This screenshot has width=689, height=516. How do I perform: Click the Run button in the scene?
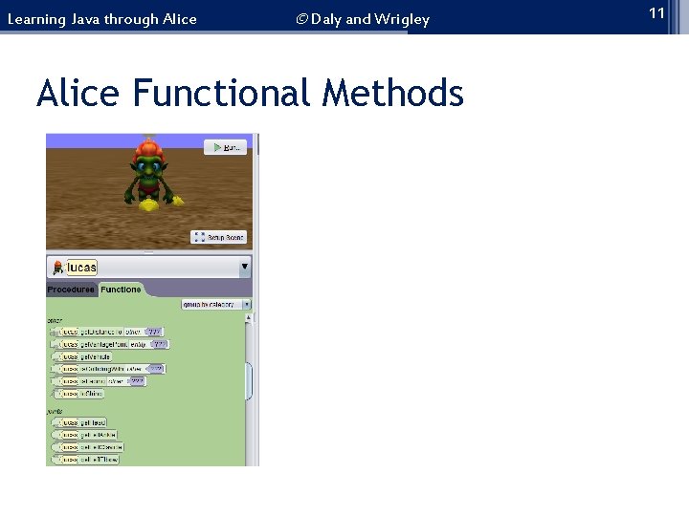point(226,147)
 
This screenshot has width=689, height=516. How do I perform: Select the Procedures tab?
point(71,290)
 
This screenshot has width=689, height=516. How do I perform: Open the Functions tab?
point(121,290)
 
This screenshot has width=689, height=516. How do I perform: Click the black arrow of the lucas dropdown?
point(244,267)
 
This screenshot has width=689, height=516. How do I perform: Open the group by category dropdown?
point(216,305)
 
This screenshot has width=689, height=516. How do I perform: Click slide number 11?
point(656,12)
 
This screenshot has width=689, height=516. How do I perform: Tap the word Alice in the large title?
point(79,94)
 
